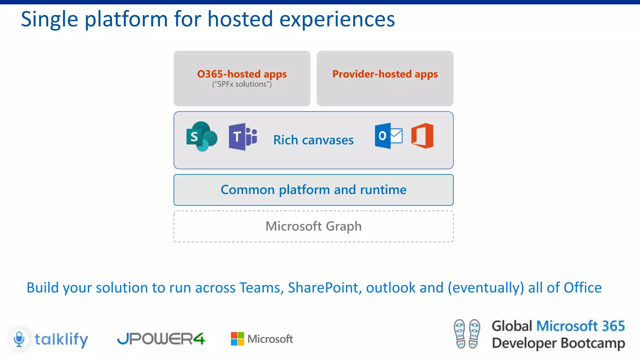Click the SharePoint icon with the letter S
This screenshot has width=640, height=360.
click(x=201, y=137)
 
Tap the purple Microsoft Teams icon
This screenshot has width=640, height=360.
click(x=243, y=137)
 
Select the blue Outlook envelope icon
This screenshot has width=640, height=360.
click(x=388, y=136)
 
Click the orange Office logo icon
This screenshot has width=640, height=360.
click(x=422, y=136)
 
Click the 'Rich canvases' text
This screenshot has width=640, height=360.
click(x=313, y=140)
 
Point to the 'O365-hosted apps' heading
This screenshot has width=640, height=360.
click(x=242, y=74)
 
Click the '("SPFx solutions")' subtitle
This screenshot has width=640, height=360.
click(x=242, y=84)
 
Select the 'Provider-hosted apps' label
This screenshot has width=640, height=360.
click(x=385, y=74)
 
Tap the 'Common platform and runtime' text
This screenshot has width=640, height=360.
click(x=313, y=190)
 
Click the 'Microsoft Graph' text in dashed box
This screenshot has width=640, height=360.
click(x=313, y=226)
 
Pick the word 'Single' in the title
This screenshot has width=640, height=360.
click(x=49, y=19)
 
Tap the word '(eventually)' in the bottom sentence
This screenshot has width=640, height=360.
click(x=486, y=287)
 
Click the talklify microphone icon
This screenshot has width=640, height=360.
click(x=19, y=339)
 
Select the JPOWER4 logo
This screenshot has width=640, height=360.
click(x=161, y=339)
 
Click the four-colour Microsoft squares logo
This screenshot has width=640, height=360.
click(x=237, y=339)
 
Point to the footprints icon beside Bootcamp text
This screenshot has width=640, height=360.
click(x=467, y=334)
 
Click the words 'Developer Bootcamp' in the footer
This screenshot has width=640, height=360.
click(x=558, y=343)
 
